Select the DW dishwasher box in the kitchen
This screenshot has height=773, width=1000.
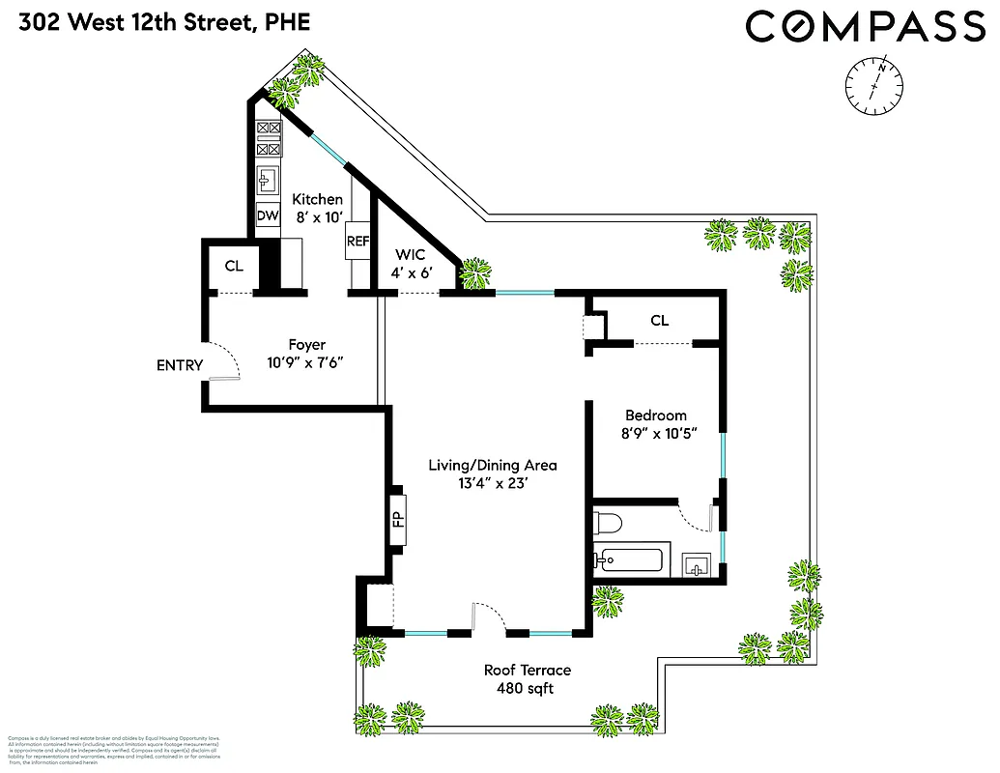click(268, 216)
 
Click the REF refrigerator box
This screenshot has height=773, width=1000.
click(357, 241)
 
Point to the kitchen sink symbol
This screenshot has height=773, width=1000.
click(268, 180)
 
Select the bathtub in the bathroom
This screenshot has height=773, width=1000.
click(630, 561)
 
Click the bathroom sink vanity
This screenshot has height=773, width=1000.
click(696, 563)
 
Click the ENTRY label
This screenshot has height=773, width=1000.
click(180, 365)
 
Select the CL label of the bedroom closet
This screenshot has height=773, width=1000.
click(659, 320)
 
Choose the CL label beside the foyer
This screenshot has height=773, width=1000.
click(233, 266)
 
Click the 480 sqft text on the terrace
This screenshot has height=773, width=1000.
click(527, 689)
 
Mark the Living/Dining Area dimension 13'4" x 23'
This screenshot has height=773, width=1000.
click(492, 483)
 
